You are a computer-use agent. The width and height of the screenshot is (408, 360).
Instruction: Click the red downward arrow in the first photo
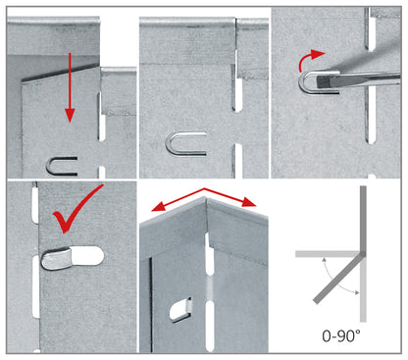(70, 87)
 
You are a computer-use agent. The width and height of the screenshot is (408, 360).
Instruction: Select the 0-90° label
(341, 335)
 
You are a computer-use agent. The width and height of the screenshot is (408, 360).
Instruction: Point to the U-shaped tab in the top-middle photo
(185, 144)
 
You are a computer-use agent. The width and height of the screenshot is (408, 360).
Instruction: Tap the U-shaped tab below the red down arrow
(62, 166)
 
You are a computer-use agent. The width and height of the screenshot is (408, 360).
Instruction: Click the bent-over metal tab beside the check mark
(56, 258)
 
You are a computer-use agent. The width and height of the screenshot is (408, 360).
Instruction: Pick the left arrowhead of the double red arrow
(158, 208)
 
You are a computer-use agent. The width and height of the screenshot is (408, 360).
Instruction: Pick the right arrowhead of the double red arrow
(249, 203)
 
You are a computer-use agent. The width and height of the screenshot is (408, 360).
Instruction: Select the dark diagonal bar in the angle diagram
(338, 279)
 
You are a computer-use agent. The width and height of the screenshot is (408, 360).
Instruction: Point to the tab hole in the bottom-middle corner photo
(180, 310)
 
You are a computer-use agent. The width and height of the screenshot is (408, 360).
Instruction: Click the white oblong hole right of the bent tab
(87, 255)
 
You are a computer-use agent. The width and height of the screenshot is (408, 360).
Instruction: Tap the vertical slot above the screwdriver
(371, 29)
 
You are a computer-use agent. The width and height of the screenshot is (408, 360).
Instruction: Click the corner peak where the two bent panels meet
(205, 197)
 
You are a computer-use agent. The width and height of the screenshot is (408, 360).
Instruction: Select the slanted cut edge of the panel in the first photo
(61, 74)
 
